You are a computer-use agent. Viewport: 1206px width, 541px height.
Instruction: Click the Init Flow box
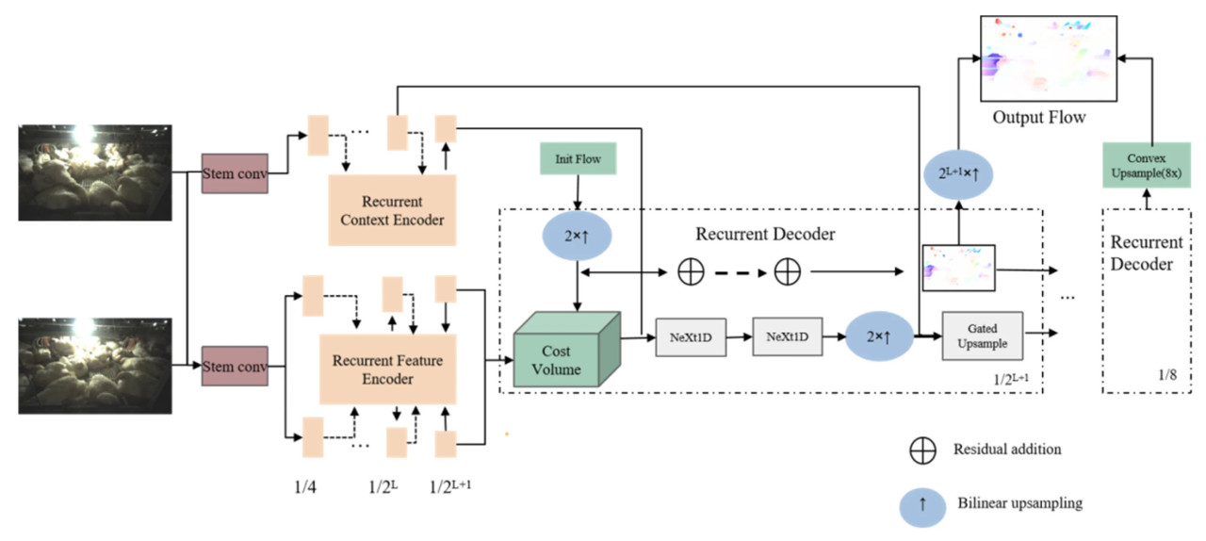[578, 158]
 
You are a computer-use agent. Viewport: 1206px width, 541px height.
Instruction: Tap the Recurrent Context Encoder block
[391, 210]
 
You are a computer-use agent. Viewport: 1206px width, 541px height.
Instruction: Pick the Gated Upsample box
[983, 336]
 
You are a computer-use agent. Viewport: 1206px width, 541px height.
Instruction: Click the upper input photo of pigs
[95, 172]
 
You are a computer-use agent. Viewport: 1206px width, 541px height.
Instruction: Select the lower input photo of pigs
[95, 366]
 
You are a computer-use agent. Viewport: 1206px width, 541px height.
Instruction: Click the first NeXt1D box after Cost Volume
[692, 336]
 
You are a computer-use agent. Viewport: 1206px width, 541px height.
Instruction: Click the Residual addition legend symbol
[922, 451]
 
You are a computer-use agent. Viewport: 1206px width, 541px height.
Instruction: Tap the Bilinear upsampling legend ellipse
[923, 504]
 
